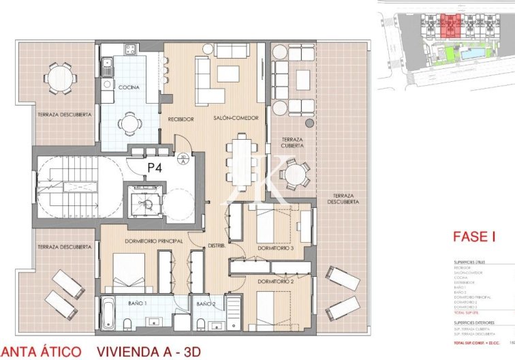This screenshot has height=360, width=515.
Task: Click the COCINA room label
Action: click(x=129, y=88)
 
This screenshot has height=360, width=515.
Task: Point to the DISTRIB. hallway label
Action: click(x=217, y=245)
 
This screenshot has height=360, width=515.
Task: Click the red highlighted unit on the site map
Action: click(x=450, y=26)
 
